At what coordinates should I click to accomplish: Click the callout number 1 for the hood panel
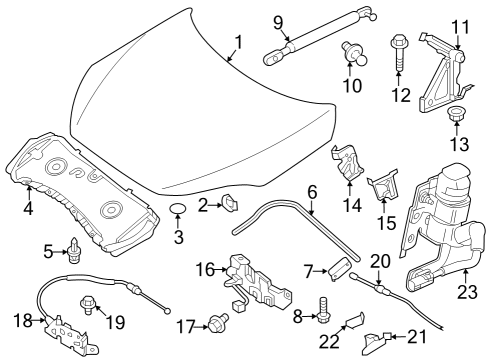point(238,42)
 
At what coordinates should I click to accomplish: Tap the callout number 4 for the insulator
point(28,209)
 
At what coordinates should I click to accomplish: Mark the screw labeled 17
point(215,323)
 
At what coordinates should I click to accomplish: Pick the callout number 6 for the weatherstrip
point(311,190)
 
